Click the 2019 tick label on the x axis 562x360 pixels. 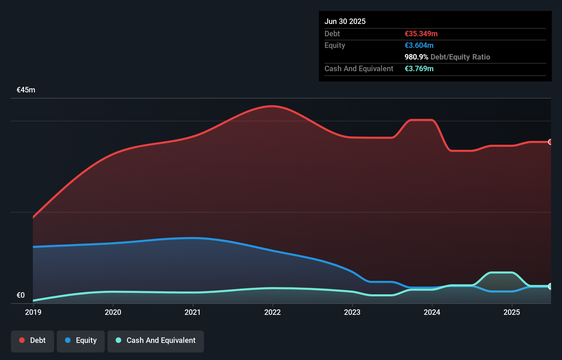pyautogui.click(x=33, y=312)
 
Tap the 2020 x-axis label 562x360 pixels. pyautogui.click(x=113, y=312)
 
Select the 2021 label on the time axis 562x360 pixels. pyautogui.click(x=193, y=312)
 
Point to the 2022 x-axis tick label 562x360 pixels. pyautogui.click(x=272, y=312)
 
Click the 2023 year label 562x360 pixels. pyautogui.click(x=352, y=312)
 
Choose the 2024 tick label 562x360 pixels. pyautogui.click(x=432, y=312)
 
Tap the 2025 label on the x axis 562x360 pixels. pyautogui.click(x=512, y=312)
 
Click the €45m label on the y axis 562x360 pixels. pyautogui.click(x=26, y=90)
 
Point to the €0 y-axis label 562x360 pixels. pyautogui.click(x=21, y=295)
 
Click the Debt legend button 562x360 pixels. pyautogui.click(x=33, y=340)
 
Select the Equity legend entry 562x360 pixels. pyautogui.click(x=81, y=340)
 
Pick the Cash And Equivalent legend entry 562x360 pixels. pyautogui.click(x=156, y=340)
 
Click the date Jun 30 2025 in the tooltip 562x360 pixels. pyautogui.click(x=345, y=21)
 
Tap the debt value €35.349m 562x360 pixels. pyautogui.click(x=421, y=34)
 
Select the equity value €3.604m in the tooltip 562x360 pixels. pyautogui.click(x=419, y=45)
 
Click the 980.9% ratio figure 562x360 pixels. pyautogui.click(x=416, y=57)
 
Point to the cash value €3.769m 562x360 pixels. pyautogui.click(x=419, y=68)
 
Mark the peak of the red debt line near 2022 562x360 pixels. pyautogui.click(x=272, y=106)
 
